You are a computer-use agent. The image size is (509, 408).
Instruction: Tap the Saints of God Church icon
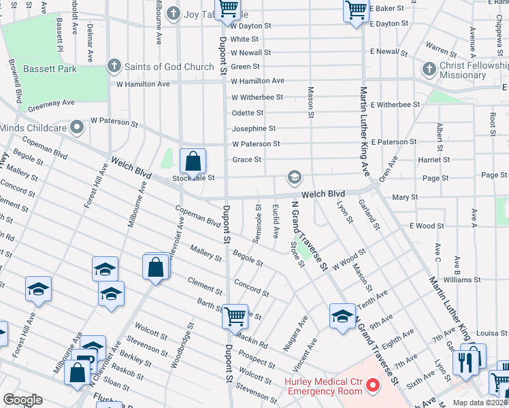[x=114, y=67]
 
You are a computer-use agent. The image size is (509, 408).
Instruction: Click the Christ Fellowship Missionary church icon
[x=429, y=69]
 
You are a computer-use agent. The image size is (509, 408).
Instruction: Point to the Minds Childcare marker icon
[x=78, y=126]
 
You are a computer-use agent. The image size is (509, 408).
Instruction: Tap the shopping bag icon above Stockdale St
[x=193, y=161]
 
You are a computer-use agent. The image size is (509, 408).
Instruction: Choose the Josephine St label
[x=253, y=128]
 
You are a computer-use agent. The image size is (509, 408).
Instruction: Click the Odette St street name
[x=247, y=113]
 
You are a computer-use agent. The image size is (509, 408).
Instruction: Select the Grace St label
[x=247, y=160]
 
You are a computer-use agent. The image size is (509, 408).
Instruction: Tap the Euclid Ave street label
[x=275, y=222]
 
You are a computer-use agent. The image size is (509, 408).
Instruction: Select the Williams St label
[x=461, y=279]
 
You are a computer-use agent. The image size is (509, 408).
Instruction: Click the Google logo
[x=23, y=400]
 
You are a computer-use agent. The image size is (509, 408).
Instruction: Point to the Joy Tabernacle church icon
[x=174, y=13]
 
